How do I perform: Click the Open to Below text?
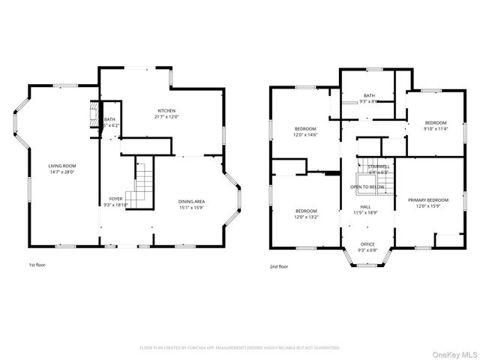coord(367,187)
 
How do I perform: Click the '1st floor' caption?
coord(37,265)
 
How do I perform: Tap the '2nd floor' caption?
coord(278,265)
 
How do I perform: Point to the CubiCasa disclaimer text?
coord(240,348)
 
